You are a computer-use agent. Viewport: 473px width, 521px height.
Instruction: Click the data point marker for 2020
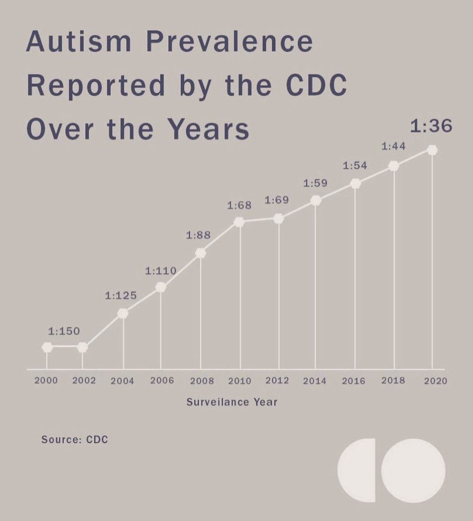click(x=432, y=150)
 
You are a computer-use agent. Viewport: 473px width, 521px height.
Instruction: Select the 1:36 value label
click(x=431, y=126)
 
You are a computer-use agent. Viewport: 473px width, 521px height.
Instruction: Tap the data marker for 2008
click(x=200, y=253)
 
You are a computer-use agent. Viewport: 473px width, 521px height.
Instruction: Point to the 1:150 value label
click(x=64, y=331)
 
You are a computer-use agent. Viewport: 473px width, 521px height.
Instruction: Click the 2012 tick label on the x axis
click(x=277, y=381)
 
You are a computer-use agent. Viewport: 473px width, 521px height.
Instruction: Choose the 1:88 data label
click(x=198, y=236)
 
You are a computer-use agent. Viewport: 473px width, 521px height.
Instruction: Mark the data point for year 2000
click(x=47, y=347)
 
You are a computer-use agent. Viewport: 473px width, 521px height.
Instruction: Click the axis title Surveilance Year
click(x=232, y=402)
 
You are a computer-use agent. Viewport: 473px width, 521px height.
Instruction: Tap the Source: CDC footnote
click(x=75, y=439)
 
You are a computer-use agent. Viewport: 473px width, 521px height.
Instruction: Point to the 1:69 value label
click(x=277, y=200)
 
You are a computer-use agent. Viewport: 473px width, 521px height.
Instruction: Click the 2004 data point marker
click(x=123, y=313)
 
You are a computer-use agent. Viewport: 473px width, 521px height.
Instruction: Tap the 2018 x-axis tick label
click(x=393, y=381)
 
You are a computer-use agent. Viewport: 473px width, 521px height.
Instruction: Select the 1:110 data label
click(x=160, y=271)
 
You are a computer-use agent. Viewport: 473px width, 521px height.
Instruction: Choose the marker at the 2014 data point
click(x=316, y=201)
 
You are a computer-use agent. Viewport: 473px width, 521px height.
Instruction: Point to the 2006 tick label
click(x=162, y=381)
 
